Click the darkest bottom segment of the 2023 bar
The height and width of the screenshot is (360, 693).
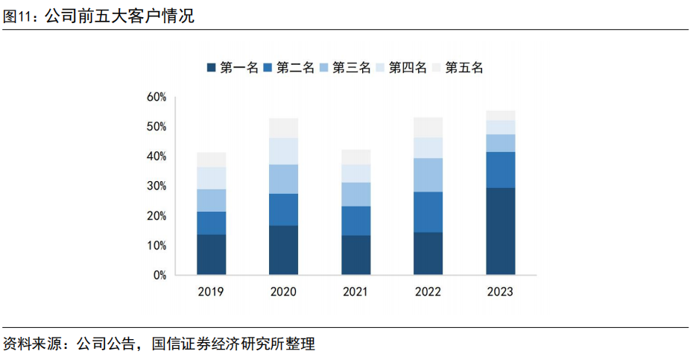[500, 231]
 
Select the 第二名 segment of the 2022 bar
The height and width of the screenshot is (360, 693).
[428, 212]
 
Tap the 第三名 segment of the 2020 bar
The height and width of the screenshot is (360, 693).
[283, 179]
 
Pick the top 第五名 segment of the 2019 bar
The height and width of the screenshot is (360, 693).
[212, 160]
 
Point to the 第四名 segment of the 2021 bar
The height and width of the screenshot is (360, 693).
[355, 174]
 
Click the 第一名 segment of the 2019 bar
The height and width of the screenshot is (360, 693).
[212, 254]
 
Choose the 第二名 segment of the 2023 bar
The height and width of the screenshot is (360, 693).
[500, 170]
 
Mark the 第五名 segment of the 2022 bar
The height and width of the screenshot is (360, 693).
[428, 127]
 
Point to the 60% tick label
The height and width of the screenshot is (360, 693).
[156, 97]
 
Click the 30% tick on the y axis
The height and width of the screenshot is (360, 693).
[156, 186]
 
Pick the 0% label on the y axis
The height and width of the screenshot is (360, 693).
[159, 275]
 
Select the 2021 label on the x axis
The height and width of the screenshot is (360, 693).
[355, 291]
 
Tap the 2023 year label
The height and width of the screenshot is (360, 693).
[500, 291]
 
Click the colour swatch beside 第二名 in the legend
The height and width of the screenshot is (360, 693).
[268, 68]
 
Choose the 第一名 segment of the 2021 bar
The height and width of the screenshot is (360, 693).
[355, 255]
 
